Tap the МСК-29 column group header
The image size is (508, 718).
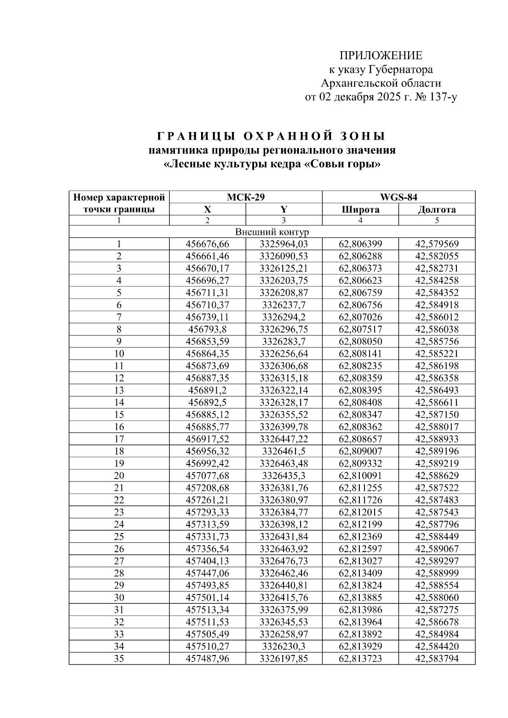pos(246,197)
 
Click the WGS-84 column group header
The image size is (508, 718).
pos(398,197)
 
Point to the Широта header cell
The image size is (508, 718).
pos(360,209)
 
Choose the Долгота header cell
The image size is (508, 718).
pos(436,209)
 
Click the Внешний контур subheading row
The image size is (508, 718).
pos(272,232)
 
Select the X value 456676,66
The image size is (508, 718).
pos(207,244)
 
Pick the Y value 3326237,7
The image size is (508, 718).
pos(284,305)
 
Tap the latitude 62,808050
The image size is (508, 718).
pos(360,341)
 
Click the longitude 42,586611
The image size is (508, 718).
pos(436,402)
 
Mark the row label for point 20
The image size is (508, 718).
pos(119,476)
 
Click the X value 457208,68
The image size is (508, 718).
pos(207,488)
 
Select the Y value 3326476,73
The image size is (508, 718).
pos(284,561)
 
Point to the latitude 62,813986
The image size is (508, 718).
pos(360,610)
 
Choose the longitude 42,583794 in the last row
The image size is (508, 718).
pos(436,658)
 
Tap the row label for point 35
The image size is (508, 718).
pos(119,658)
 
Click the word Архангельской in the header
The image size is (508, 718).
pos(355,83)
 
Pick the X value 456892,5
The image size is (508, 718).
pos(207,402)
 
